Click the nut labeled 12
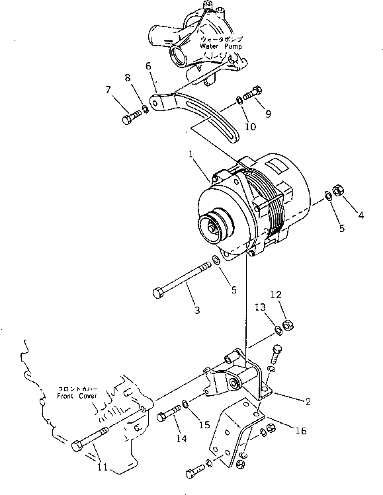[288, 325]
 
